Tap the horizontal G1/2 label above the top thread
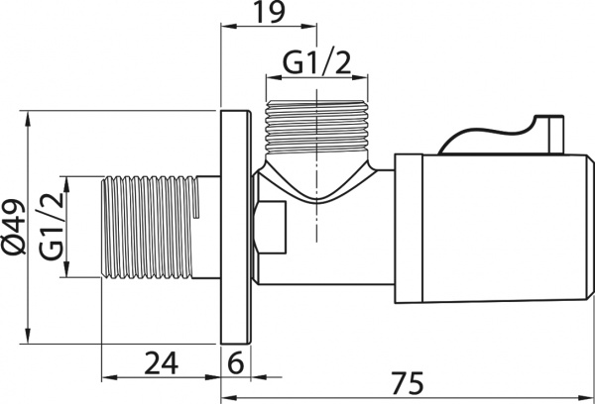[x=317, y=62]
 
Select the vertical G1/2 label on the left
[x=52, y=227]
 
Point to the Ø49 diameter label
[x=14, y=227]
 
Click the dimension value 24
[x=162, y=363]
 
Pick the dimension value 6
[x=236, y=363]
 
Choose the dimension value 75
[x=408, y=383]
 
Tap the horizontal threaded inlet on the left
[x=150, y=228]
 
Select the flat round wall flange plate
[x=236, y=228]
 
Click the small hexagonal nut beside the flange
[x=270, y=228]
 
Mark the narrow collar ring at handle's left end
[x=409, y=228]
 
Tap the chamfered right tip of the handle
[x=590, y=228]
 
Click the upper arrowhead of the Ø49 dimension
[x=28, y=119]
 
